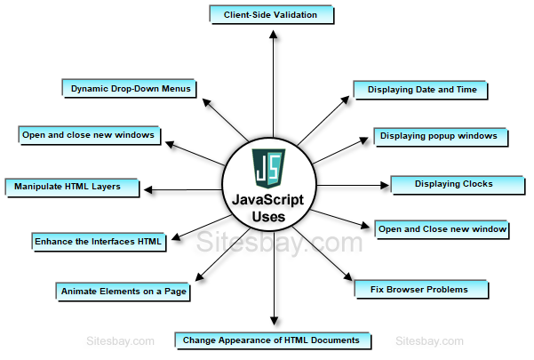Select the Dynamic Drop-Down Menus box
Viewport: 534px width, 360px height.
tap(129, 88)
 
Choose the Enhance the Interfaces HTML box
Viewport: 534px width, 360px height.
tap(98, 241)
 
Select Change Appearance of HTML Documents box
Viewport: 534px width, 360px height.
tap(271, 340)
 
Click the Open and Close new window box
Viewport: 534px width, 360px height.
tap(442, 229)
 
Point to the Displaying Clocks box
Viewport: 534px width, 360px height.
tap(453, 184)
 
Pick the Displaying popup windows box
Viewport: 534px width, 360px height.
tap(441, 136)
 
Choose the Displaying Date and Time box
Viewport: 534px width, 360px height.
tap(420, 89)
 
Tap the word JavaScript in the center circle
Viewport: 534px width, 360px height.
tap(266, 201)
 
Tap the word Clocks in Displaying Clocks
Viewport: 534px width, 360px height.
tap(475, 184)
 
